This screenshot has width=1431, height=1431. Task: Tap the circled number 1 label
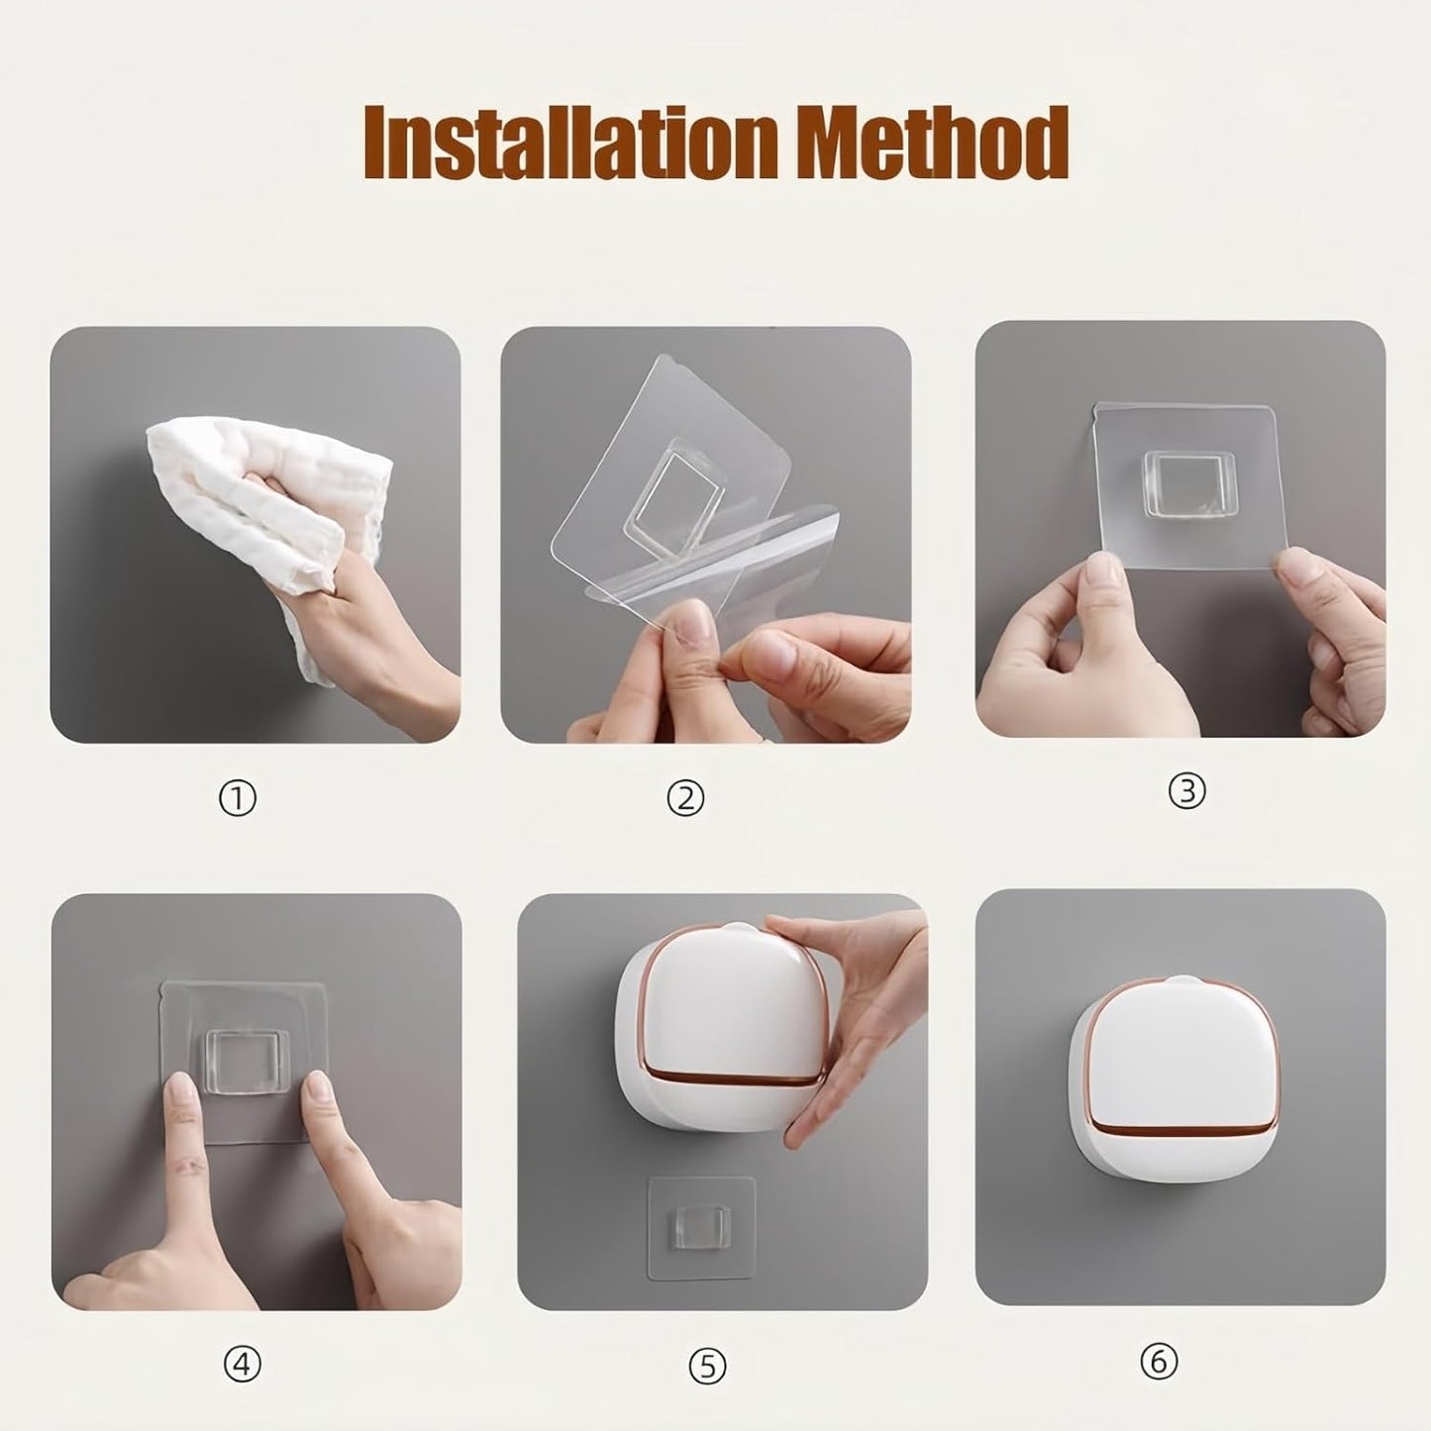pos(237,798)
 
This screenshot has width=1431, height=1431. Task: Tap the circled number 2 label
pos(685,798)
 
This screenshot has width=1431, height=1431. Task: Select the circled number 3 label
pos(1186,790)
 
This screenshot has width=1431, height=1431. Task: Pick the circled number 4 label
pos(242,1365)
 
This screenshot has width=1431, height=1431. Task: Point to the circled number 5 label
pos(707,1367)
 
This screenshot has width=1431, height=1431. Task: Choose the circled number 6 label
pos(1158,1363)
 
